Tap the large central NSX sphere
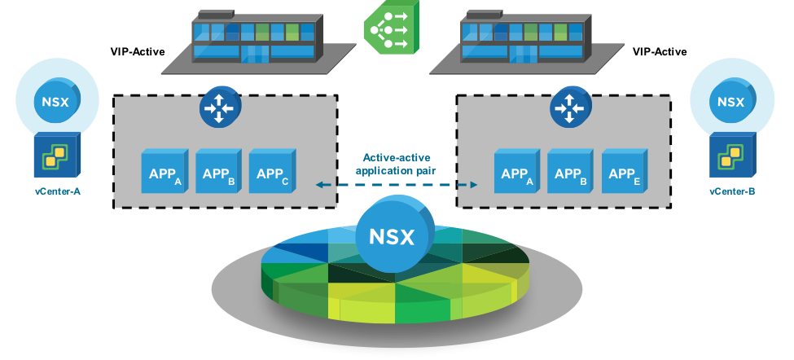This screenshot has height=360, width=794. click(x=392, y=235)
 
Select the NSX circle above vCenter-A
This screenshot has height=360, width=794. click(x=57, y=102)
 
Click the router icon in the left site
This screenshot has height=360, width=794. click(x=217, y=106)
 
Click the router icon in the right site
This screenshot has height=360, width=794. click(x=568, y=106)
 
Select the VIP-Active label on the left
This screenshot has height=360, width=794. click(x=138, y=52)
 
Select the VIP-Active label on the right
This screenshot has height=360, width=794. click(x=660, y=52)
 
